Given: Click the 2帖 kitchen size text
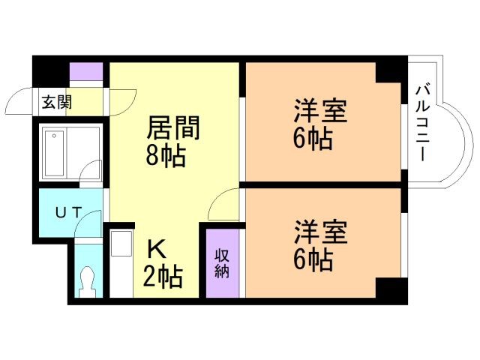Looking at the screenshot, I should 162,277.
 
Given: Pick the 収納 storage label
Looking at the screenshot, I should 222,262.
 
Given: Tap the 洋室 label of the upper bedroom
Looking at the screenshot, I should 319,112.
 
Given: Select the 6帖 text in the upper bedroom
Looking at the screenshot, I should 313,139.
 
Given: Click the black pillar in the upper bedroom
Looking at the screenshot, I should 389,72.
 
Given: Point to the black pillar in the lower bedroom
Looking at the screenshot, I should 389,289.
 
